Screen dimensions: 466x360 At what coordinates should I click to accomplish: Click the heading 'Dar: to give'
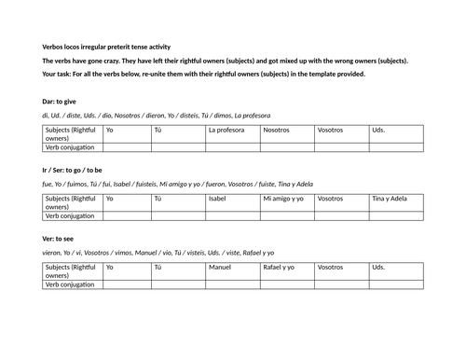click(61, 101)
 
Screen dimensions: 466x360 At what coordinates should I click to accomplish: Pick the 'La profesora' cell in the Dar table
click(225, 131)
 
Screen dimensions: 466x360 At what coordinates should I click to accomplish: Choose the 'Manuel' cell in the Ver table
click(220, 268)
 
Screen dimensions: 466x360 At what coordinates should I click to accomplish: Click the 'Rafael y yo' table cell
click(280, 268)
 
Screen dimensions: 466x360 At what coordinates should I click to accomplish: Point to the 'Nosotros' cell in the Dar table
click(277, 131)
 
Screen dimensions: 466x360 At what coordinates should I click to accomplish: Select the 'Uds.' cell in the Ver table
click(377, 268)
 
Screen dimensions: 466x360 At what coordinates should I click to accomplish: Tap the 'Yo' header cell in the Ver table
click(111, 268)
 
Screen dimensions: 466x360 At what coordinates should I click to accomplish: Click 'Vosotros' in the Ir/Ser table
click(330, 199)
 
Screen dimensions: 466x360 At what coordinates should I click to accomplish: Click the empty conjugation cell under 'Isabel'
click(232, 215)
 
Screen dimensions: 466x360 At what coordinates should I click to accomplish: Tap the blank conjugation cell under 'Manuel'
click(232, 284)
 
